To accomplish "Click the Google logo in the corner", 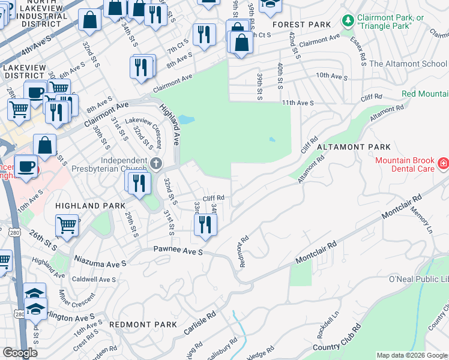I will pyautogui.click(x=20, y=353).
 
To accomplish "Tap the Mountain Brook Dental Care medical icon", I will pyautogui.click(x=443, y=163).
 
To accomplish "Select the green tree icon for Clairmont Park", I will pyautogui.click(x=348, y=21).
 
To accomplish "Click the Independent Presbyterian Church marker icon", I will pyautogui.click(x=155, y=163).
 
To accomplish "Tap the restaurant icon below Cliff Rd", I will pyautogui.click(x=205, y=224).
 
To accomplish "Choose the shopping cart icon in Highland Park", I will pyautogui.click(x=67, y=226).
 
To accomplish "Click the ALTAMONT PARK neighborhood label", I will pyautogui.click(x=353, y=147).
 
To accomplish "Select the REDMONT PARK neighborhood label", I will pyautogui.click(x=143, y=325).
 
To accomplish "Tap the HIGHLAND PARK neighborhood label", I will pyautogui.click(x=85, y=205).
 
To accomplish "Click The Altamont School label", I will pyautogui.click(x=408, y=64).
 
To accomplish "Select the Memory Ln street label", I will pyautogui.click(x=420, y=221).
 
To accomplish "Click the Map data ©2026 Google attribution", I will pyautogui.click(x=412, y=355).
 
